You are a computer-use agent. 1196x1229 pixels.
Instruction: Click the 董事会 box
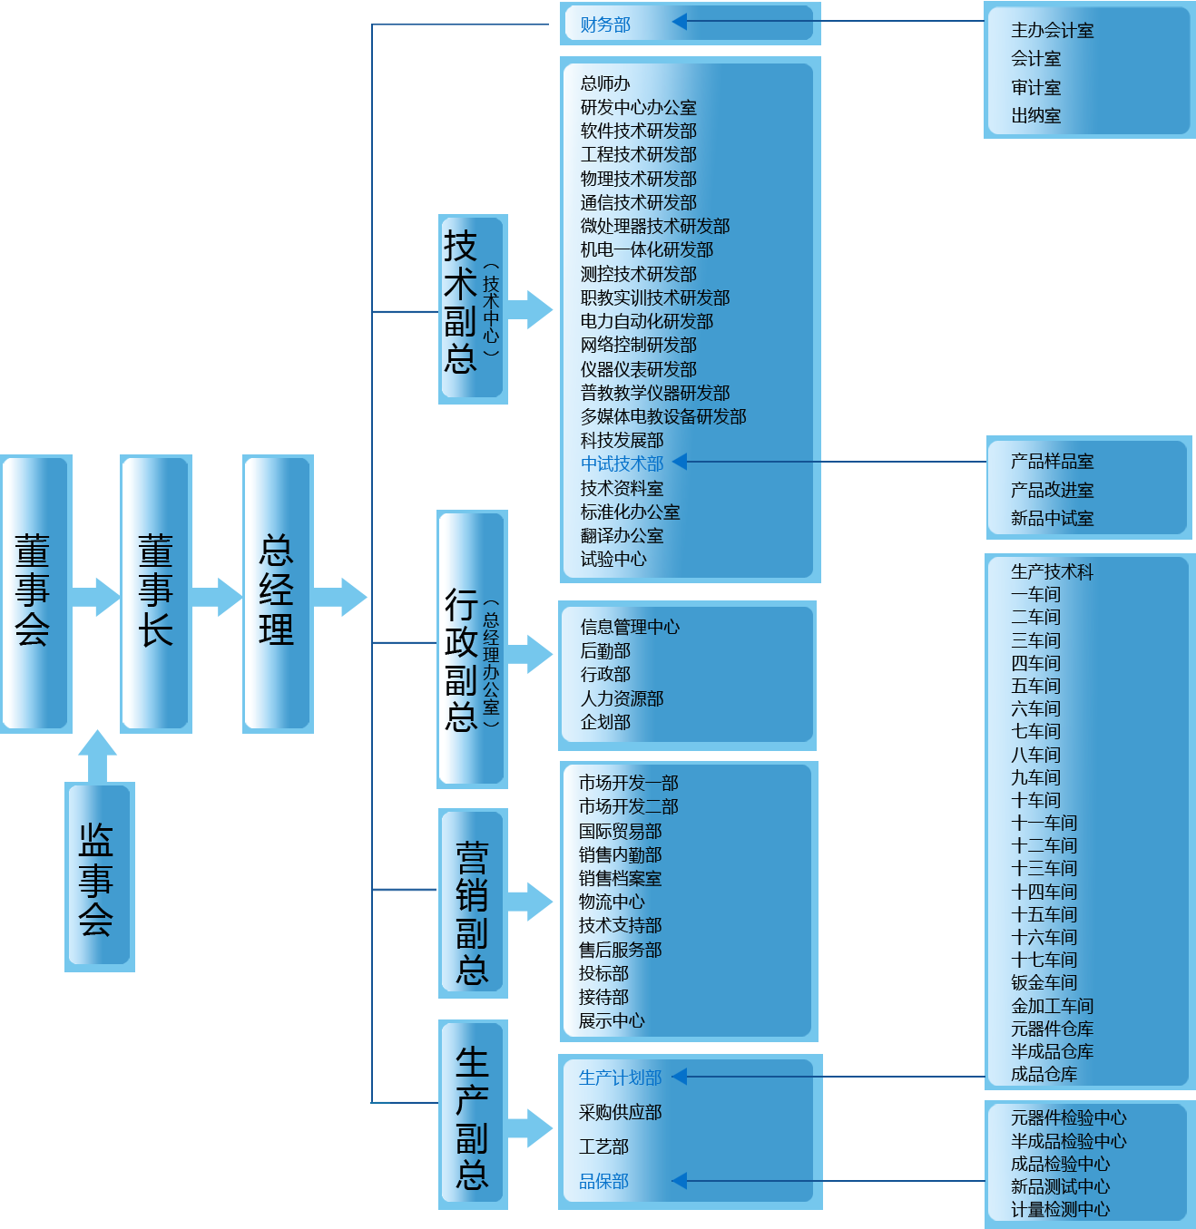click(35, 592)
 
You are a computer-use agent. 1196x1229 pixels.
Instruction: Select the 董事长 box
click(155, 592)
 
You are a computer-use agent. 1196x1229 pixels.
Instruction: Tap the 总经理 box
click(278, 592)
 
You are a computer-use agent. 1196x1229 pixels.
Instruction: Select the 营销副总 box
click(473, 903)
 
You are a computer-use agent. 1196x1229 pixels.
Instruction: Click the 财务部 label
click(605, 24)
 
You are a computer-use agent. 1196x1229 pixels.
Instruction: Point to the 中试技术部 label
click(622, 463)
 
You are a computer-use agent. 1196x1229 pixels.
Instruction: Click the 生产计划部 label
click(620, 1078)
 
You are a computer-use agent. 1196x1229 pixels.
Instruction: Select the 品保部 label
click(603, 1181)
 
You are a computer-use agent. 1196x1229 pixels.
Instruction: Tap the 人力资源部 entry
click(622, 698)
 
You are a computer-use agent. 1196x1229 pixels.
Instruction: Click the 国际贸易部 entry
click(620, 831)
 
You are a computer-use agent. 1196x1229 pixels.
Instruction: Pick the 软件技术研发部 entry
click(638, 131)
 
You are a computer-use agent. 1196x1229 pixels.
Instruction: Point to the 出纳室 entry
click(1035, 116)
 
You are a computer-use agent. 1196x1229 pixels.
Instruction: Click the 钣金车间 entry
click(1044, 982)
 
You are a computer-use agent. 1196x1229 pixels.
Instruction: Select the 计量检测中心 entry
click(1060, 1209)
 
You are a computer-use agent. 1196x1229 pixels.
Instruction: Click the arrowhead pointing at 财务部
click(680, 22)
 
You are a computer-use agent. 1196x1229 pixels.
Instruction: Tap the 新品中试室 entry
click(1052, 519)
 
